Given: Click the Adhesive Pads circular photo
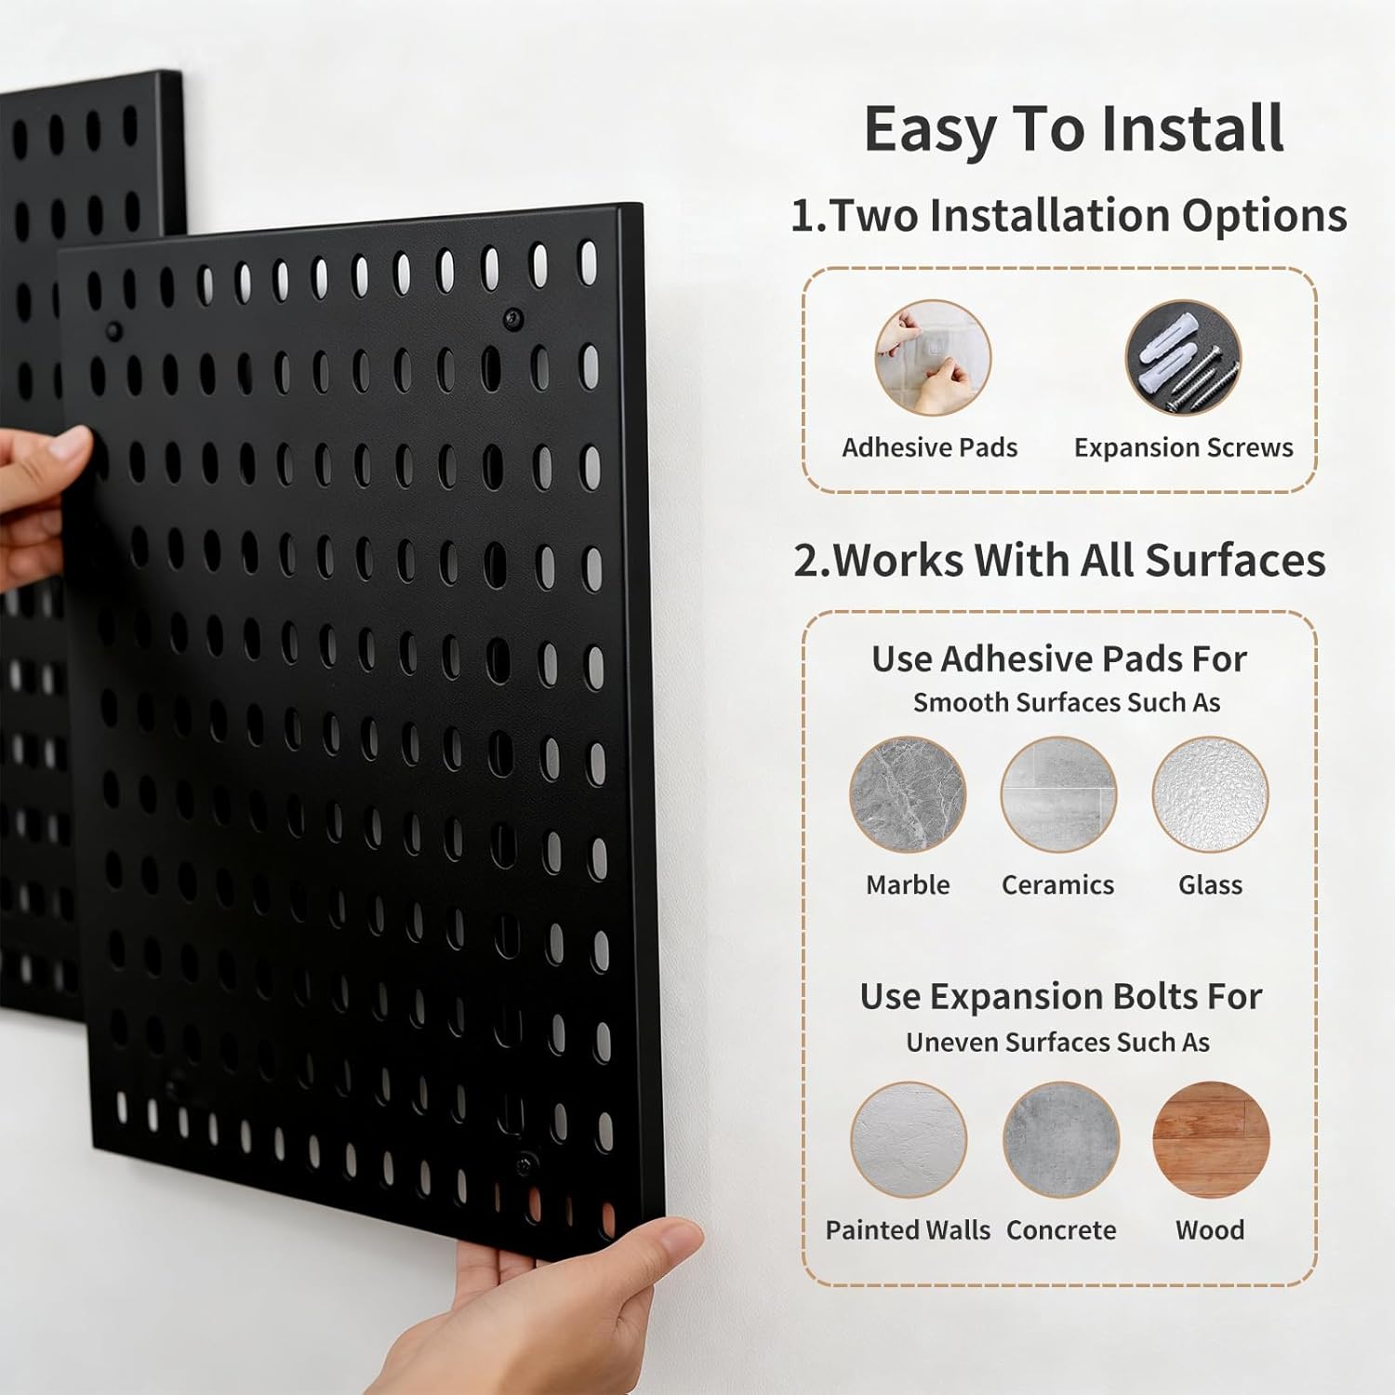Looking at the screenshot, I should (x=933, y=357).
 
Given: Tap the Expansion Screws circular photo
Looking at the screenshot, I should (x=1183, y=357).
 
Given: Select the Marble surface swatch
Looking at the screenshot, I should (x=908, y=794).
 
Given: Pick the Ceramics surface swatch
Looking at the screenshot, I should (x=1058, y=794).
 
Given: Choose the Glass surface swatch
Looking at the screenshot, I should (x=1210, y=794).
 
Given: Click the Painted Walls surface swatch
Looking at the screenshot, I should (x=908, y=1139).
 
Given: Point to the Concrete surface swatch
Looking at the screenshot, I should (x=1060, y=1139).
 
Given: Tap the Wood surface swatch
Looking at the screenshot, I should (x=1210, y=1139).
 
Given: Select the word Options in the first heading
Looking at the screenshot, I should (x=1264, y=216).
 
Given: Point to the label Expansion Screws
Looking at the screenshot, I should (x=1183, y=448).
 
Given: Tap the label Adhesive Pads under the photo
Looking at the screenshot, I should (x=929, y=448).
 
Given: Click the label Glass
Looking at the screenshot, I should (x=1210, y=885).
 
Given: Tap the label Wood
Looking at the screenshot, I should (x=1210, y=1230).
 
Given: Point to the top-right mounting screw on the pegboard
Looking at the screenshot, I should (x=512, y=319).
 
